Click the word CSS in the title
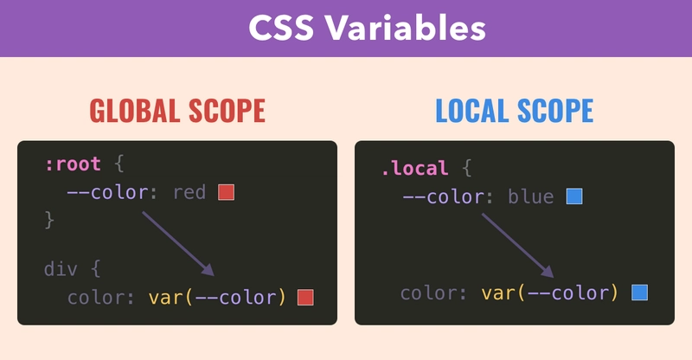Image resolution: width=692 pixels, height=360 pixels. [x=281, y=28]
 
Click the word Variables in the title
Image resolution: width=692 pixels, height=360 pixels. [x=406, y=28]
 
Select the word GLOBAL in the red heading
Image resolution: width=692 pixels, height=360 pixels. [x=134, y=111]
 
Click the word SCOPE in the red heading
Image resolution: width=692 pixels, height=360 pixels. [x=227, y=111]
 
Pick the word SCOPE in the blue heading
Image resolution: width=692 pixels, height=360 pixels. [x=555, y=111]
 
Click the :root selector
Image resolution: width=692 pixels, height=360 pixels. [x=74, y=164]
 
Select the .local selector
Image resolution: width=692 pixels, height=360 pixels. [x=415, y=168]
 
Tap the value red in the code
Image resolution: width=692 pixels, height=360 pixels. [x=189, y=193]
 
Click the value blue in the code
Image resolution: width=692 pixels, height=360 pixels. [x=531, y=196]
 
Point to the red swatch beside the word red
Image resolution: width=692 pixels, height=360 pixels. [x=226, y=193]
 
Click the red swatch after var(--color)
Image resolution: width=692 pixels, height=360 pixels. [x=305, y=298]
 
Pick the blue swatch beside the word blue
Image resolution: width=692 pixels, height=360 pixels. [x=574, y=196]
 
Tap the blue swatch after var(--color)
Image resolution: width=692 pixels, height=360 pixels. [x=639, y=292]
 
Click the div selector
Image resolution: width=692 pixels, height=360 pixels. [x=61, y=269]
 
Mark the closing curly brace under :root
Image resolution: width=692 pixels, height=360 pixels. [x=49, y=220]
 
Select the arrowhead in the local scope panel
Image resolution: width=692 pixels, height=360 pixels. [x=548, y=272]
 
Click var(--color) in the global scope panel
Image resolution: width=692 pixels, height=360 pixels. [x=218, y=298]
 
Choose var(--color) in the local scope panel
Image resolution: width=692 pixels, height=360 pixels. [x=550, y=292]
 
